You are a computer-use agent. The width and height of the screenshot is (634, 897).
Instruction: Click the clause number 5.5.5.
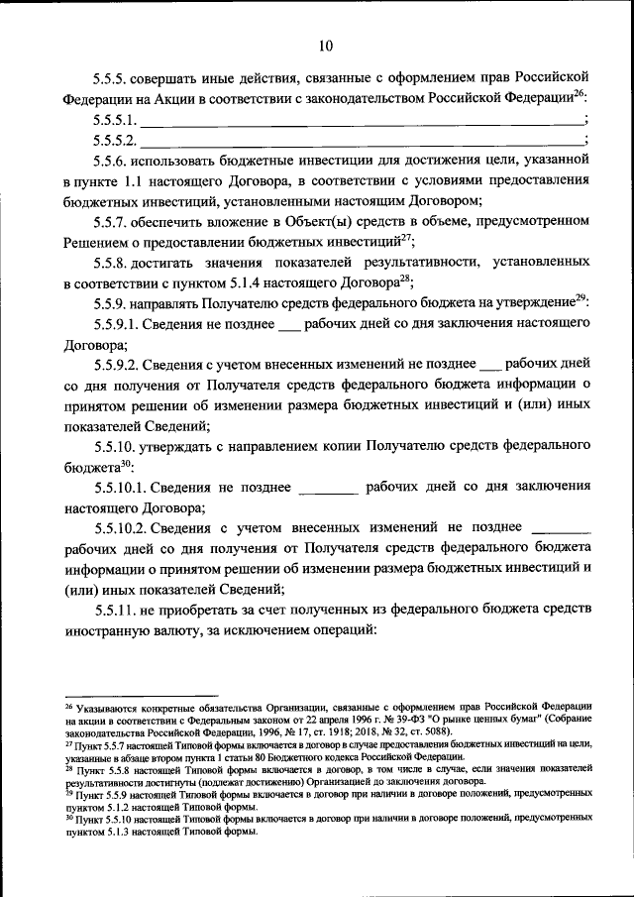tap(112, 78)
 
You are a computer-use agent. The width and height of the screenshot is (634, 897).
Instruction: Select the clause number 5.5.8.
tap(112, 266)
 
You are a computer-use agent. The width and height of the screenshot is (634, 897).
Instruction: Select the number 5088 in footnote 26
tap(433, 729)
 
